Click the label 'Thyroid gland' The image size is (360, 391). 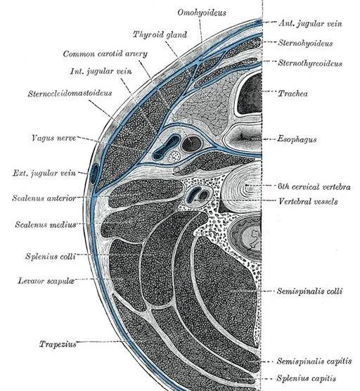point(160,34)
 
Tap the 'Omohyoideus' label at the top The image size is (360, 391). point(202,13)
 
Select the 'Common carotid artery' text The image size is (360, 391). point(105,54)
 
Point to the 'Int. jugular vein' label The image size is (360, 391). point(101,72)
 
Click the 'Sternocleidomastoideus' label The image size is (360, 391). point(70,94)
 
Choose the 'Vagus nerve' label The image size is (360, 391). point(53,138)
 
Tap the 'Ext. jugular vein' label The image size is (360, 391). point(44,173)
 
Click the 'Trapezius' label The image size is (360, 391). point(58,344)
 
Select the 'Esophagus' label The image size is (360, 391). point(297,139)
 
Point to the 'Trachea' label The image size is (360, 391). point(292,94)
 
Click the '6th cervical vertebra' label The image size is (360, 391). point(314,186)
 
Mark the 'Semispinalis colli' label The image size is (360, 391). point(309,291)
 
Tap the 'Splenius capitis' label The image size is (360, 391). point(306,378)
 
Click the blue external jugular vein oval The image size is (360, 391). point(94,174)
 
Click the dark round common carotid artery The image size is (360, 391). point(191,144)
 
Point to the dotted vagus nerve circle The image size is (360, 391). point(174,157)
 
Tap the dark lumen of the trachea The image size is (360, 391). point(250,94)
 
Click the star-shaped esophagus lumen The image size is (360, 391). point(242,137)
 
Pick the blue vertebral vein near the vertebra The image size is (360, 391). point(193,195)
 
